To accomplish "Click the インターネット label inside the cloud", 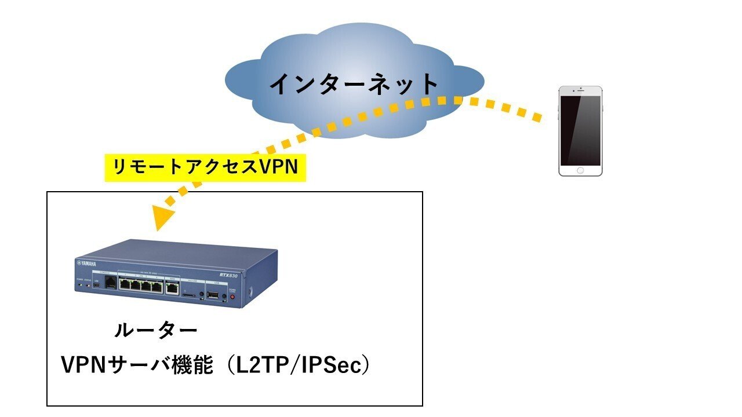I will click(x=354, y=84).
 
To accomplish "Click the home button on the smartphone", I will click(x=580, y=170).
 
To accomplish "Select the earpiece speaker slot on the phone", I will click(x=580, y=92).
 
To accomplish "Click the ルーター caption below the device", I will click(x=155, y=331).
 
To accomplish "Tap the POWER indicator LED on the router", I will click(x=80, y=286).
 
